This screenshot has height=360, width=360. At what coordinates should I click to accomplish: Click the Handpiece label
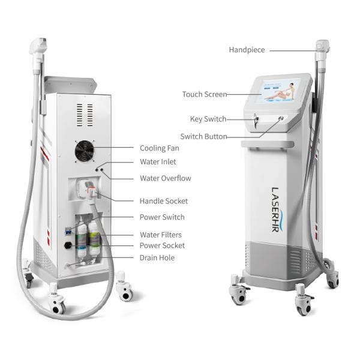pos(247,50)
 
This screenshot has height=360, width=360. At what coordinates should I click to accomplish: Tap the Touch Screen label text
pos(205,94)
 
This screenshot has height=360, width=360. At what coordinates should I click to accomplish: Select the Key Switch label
pos(208,119)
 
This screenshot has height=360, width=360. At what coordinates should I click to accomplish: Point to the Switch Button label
pos(203,136)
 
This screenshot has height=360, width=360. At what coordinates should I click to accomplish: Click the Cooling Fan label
pos(160,148)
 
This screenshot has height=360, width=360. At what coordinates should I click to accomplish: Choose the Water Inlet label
pos(158,161)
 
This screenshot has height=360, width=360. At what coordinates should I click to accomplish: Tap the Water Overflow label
pos(166,178)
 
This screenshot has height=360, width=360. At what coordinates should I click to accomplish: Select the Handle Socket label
pos(164,201)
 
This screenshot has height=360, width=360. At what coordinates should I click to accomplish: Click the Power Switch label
pos(162,217)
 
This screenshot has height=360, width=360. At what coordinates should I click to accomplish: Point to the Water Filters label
pos(161,235)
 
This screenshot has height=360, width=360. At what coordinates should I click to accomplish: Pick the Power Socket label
pos(162,245)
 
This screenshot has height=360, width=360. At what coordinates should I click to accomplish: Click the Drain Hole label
pos(157,257)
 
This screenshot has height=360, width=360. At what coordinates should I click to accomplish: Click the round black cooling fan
pos(85,151)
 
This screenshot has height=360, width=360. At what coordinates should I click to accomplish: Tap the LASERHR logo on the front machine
pos(277,209)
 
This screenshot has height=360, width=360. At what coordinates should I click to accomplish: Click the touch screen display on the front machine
pos(278,91)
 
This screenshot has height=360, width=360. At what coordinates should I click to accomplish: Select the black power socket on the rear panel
pos(68,245)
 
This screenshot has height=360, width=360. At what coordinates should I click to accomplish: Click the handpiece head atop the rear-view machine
pos(38,46)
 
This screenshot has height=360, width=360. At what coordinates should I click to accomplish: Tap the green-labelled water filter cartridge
pos(94,239)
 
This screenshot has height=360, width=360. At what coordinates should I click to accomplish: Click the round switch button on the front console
pos(281,118)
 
